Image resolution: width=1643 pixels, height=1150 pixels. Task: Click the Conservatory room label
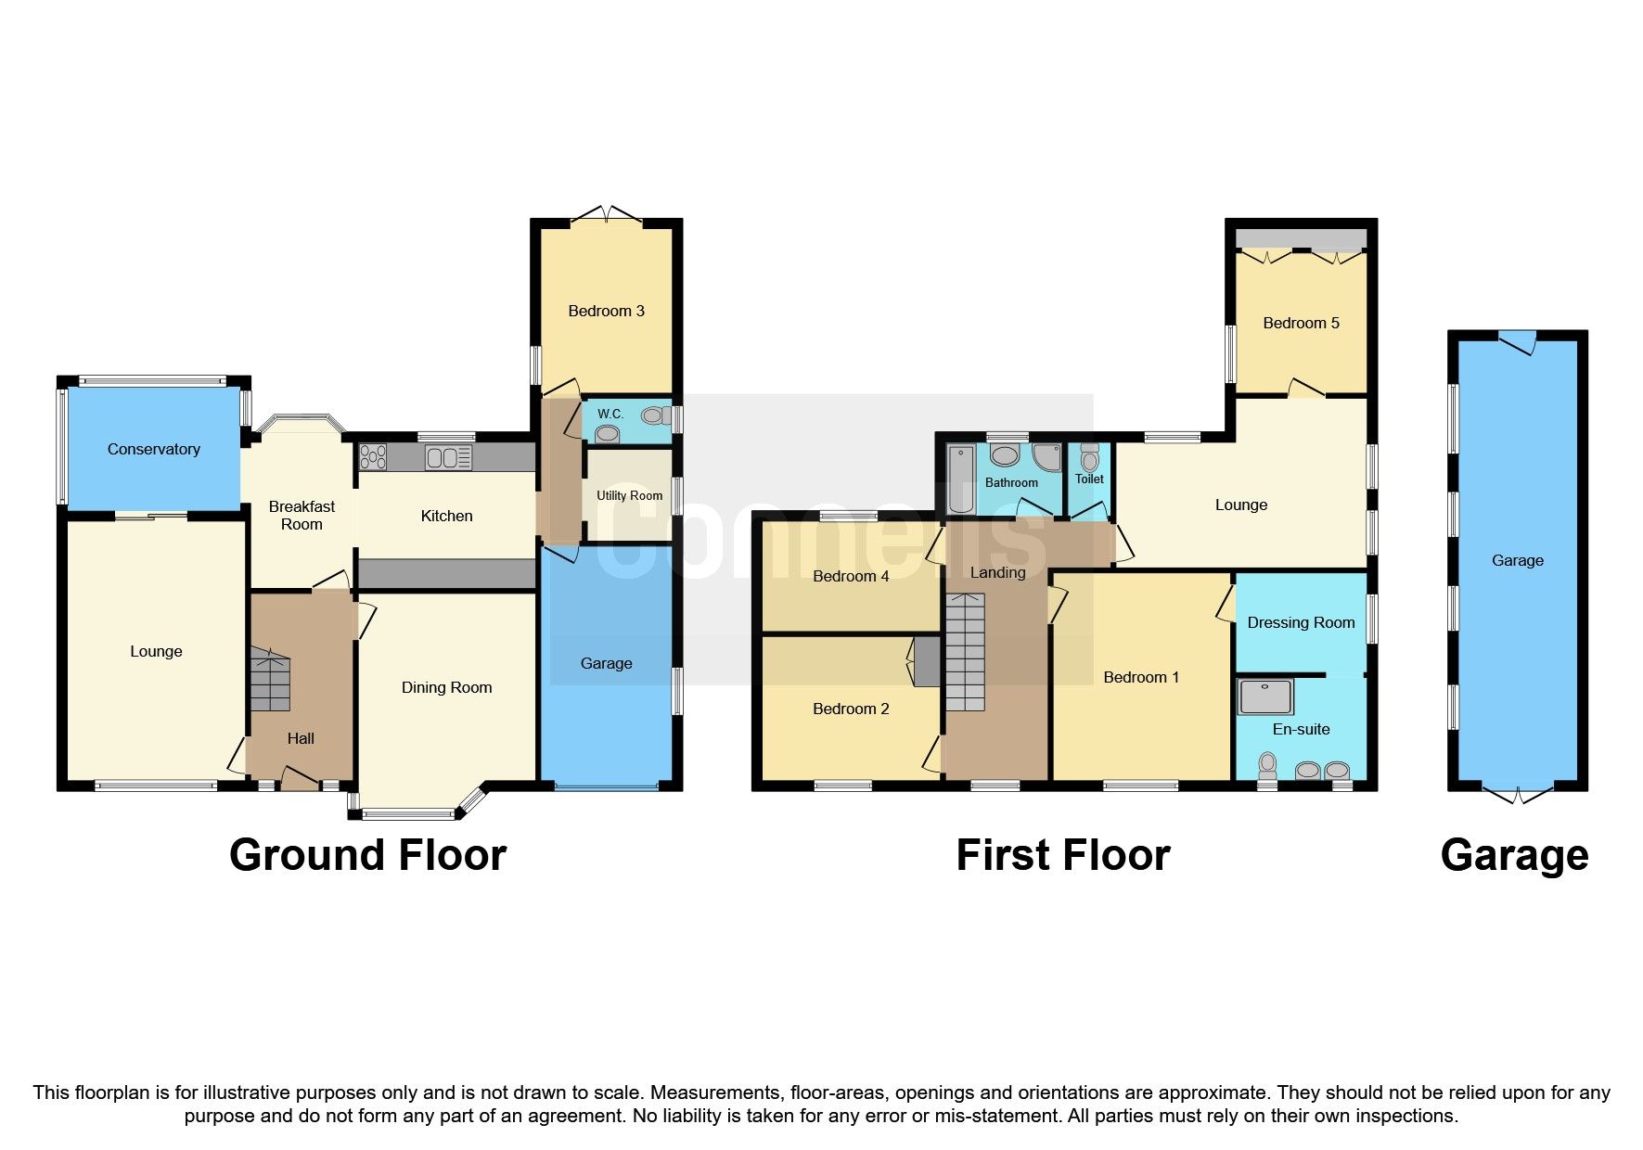(154, 449)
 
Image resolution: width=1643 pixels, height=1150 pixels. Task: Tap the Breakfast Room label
(302, 515)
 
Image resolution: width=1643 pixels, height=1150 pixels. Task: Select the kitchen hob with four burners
(373, 457)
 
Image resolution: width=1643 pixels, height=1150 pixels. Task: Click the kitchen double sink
(448, 457)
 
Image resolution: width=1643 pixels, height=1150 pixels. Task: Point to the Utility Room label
(629, 495)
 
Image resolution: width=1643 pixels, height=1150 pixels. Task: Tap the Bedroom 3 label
(606, 311)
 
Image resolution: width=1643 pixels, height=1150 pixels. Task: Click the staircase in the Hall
(270, 683)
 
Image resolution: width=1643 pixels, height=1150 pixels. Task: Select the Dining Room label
(446, 687)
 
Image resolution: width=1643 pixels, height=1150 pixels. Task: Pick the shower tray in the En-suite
(1265, 696)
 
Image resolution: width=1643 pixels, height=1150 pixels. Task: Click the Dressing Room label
(1301, 622)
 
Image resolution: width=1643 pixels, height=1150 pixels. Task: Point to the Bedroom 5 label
(1301, 323)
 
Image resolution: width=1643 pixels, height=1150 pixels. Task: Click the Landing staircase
(965, 653)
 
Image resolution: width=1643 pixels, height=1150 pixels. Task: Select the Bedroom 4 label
(851, 576)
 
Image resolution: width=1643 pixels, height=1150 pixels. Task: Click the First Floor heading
(1062, 855)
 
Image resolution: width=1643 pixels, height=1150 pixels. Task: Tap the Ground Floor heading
(367, 855)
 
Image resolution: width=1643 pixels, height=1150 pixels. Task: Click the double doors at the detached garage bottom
(1518, 795)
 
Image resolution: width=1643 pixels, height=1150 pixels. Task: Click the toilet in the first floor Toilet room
(1090, 459)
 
